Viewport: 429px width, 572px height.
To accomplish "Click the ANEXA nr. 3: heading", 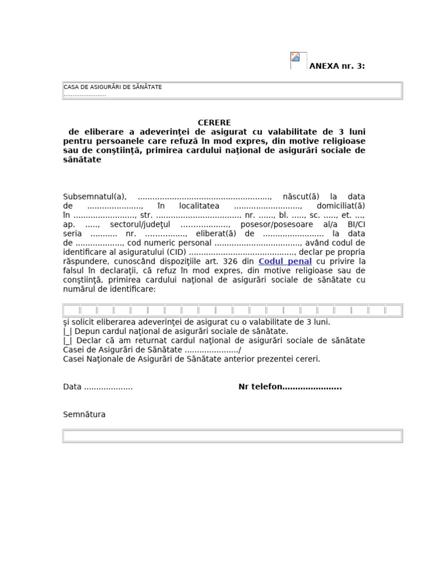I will (337, 66).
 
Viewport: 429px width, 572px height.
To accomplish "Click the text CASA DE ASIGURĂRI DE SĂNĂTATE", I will (113, 87).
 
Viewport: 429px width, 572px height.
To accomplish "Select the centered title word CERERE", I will (214, 123).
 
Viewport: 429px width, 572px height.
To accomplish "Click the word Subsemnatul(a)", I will (95, 197).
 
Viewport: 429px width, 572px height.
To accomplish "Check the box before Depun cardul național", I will (68, 331).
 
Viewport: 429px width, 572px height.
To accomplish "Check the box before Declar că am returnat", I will (68, 340).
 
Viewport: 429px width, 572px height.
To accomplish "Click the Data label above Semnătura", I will (72, 387).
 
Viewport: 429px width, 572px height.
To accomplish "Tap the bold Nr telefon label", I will (260, 387).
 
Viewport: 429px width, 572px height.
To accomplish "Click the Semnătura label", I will (84, 414).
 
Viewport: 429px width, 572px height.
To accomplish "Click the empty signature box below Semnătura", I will (232, 436).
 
